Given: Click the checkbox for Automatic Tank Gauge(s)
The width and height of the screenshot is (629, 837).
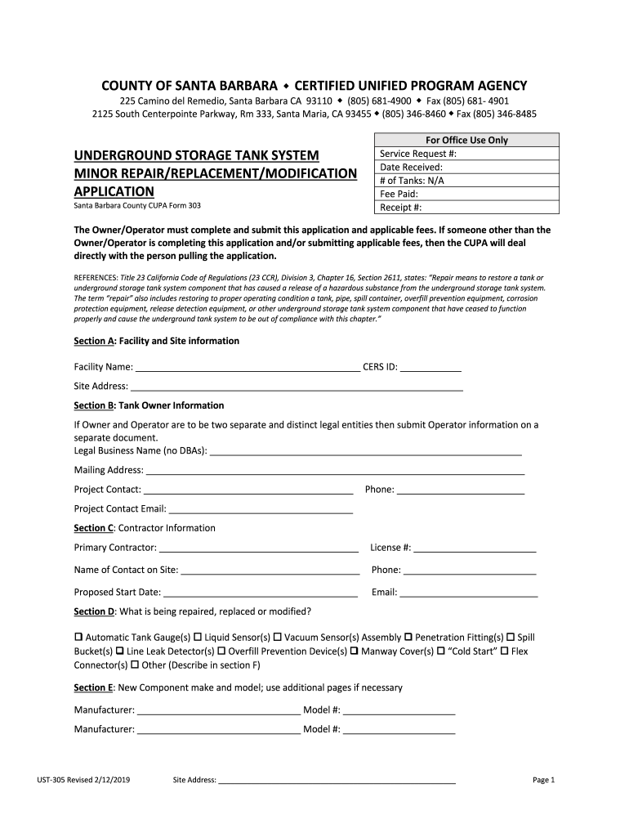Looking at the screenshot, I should tap(78, 637).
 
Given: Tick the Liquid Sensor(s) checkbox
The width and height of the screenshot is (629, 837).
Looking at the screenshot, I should tap(198, 637).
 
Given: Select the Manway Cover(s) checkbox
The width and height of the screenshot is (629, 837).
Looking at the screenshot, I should tap(355, 651).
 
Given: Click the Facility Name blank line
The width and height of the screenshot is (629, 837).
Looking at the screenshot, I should tap(248, 368).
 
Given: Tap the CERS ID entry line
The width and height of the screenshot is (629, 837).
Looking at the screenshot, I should tap(431, 368).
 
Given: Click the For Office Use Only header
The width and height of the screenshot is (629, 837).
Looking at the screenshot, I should tap(466, 140).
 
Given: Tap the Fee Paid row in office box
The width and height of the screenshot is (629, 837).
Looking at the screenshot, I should tap(466, 195).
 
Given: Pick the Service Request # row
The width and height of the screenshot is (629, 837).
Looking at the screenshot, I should tap(466, 154).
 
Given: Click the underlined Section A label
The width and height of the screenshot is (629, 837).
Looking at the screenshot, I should tap(92, 341).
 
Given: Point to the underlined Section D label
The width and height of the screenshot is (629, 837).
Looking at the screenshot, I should tap(93, 611).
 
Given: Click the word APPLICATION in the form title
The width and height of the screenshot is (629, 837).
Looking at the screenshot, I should tap(114, 191).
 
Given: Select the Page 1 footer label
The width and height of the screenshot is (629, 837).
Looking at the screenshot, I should tap(543, 780).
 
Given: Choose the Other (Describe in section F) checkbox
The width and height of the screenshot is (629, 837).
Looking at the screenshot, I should tap(135, 666).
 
